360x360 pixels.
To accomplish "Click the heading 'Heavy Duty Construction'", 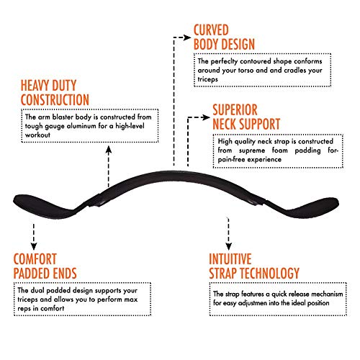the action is [55, 93].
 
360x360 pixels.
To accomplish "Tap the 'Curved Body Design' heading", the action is [224, 37].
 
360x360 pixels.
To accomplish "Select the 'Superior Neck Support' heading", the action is [246, 117].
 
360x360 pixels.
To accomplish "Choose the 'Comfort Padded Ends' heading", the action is [45, 266].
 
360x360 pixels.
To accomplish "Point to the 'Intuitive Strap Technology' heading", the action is [254, 266].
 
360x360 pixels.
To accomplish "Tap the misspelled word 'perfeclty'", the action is [224, 62].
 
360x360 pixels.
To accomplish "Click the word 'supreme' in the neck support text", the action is [252, 151].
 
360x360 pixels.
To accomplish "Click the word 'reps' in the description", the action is [24, 309].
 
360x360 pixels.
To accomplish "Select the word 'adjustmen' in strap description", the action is [252, 303].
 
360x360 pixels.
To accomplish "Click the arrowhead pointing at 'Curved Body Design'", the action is [187, 37].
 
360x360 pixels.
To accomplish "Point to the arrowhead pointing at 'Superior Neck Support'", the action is [206, 117].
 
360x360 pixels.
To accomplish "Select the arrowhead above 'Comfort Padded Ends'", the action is [34, 246].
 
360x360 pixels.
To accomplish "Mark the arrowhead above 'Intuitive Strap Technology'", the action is [229, 246].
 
